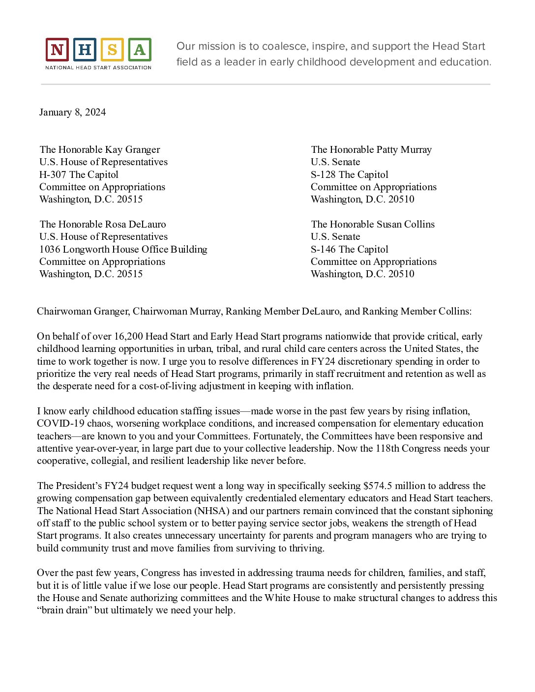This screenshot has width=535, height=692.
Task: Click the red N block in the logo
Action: pos(57,50)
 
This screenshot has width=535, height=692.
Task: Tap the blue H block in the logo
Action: pos(85,50)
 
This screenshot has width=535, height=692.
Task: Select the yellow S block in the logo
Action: pos(112,50)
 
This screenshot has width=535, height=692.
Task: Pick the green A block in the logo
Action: pos(140,50)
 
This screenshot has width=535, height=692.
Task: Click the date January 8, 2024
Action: pos(72,113)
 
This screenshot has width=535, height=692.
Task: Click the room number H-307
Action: pos(53,174)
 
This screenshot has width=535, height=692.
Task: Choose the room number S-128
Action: pos(324,174)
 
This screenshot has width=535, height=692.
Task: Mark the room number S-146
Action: pos(324,249)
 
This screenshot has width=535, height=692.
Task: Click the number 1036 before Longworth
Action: pos(50,249)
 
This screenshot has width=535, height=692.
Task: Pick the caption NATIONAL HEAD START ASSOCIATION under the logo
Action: pos(98,67)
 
